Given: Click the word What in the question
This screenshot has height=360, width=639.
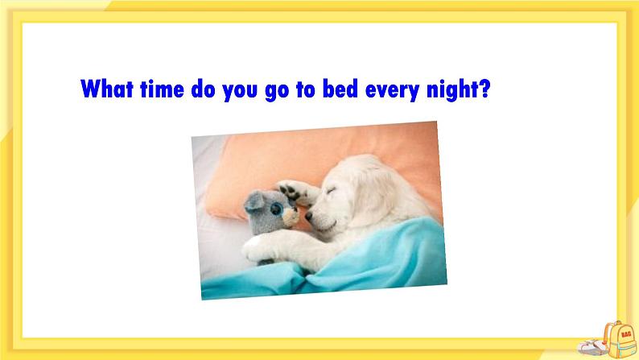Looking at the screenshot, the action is [107, 89].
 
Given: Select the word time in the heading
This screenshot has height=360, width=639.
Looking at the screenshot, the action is [162, 89].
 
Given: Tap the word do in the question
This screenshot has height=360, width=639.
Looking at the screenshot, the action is [203, 89].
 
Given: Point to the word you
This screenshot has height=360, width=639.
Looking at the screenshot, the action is [240, 90].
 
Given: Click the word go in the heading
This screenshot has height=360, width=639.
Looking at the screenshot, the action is [277, 90].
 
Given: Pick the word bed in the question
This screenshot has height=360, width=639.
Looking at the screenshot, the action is [340, 89].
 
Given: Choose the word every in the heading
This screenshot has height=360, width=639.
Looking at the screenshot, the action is [392, 90].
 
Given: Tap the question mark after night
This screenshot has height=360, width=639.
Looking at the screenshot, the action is [484, 89].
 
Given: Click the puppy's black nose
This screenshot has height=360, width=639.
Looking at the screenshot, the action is [309, 216].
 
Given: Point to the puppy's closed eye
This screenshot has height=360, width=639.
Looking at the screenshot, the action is [331, 191].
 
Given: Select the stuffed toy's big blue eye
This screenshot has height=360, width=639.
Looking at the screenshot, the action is [277, 209].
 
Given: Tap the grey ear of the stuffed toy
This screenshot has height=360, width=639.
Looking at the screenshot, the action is [254, 201].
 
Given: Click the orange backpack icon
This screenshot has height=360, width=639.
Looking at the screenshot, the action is [619, 340].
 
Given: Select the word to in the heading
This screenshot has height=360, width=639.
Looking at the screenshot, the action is [306, 89].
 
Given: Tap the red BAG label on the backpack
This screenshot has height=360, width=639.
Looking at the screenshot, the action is [626, 334].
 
